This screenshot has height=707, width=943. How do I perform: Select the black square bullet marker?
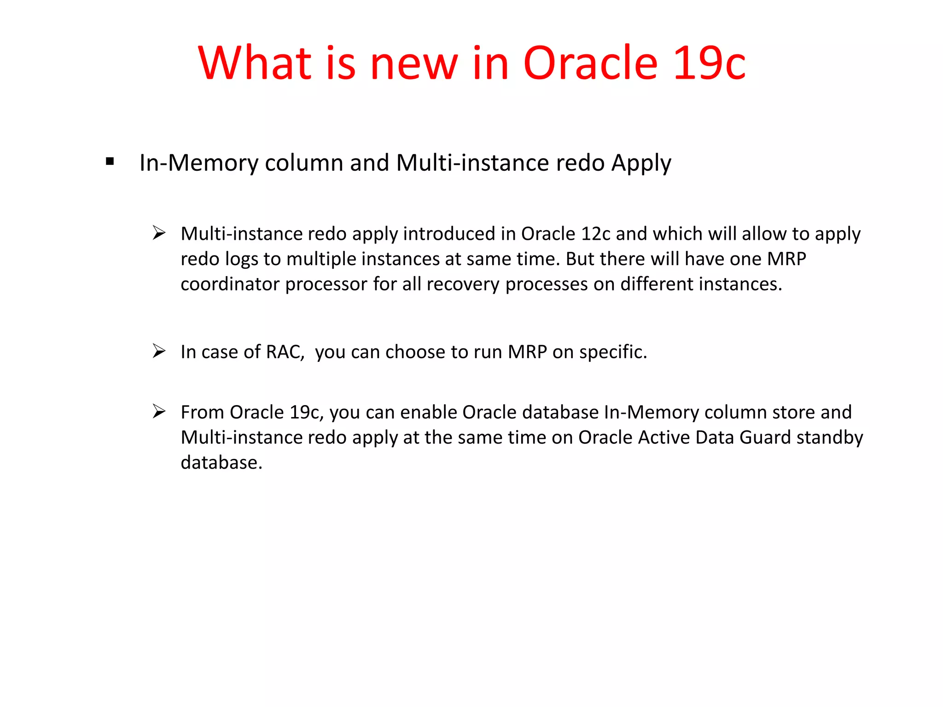pyautogui.click(x=110, y=162)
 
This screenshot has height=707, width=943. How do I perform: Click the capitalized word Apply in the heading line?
pyautogui.click(x=641, y=163)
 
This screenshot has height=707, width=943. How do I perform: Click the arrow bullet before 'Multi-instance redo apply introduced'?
pyautogui.click(x=159, y=233)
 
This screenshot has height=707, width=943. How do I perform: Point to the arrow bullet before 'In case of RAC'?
pyautogui.click(x=159, y=351)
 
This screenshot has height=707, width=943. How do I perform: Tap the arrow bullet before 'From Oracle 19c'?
pyautogui.click(x=159, y=411)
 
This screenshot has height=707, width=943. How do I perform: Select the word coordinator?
pyautogui.click(x=230, y=284)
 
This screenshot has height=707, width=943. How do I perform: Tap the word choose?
pyautogui.click(x=415, y=352)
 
